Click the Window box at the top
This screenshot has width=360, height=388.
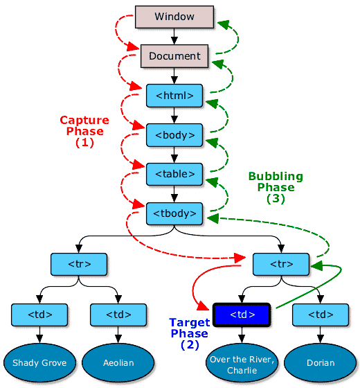point(174,17)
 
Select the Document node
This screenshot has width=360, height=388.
point(174,56)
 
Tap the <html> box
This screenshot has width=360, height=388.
point(174,95)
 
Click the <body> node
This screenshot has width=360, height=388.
point(174,134)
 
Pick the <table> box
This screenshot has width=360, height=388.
point(174,173)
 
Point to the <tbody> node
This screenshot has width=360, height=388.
point(174,212)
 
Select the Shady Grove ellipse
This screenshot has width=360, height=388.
point(39,362)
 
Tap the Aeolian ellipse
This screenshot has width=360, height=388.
point(118,362)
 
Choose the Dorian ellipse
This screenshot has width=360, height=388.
point(320,362)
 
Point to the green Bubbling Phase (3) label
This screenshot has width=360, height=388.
point(276,187)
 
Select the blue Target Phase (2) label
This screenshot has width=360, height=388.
point(189,334)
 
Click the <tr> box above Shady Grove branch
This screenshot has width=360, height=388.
point(79,263)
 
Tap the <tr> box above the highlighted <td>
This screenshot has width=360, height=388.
point(281,263)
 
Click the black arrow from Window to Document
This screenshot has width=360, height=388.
point(174,37)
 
